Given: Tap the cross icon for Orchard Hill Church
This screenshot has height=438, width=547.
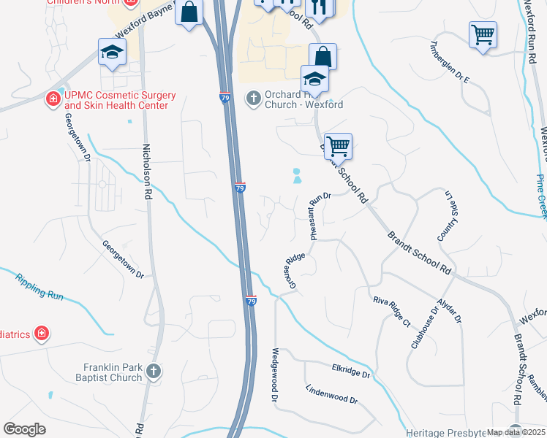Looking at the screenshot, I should [254, 97].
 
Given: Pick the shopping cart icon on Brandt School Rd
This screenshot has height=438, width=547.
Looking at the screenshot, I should [338, 146].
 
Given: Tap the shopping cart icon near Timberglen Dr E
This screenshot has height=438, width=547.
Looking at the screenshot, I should [483, 34].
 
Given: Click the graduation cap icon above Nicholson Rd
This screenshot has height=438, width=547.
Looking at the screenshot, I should [113, 51].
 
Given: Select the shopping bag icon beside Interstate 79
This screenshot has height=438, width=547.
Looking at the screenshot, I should [189, 12].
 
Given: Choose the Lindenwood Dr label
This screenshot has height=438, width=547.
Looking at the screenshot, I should [331, 395].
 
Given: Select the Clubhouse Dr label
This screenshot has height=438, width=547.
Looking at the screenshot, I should [425, 327].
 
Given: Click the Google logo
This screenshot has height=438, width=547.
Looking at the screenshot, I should [24, 429].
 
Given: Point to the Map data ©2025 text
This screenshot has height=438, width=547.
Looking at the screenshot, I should [516, 432].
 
